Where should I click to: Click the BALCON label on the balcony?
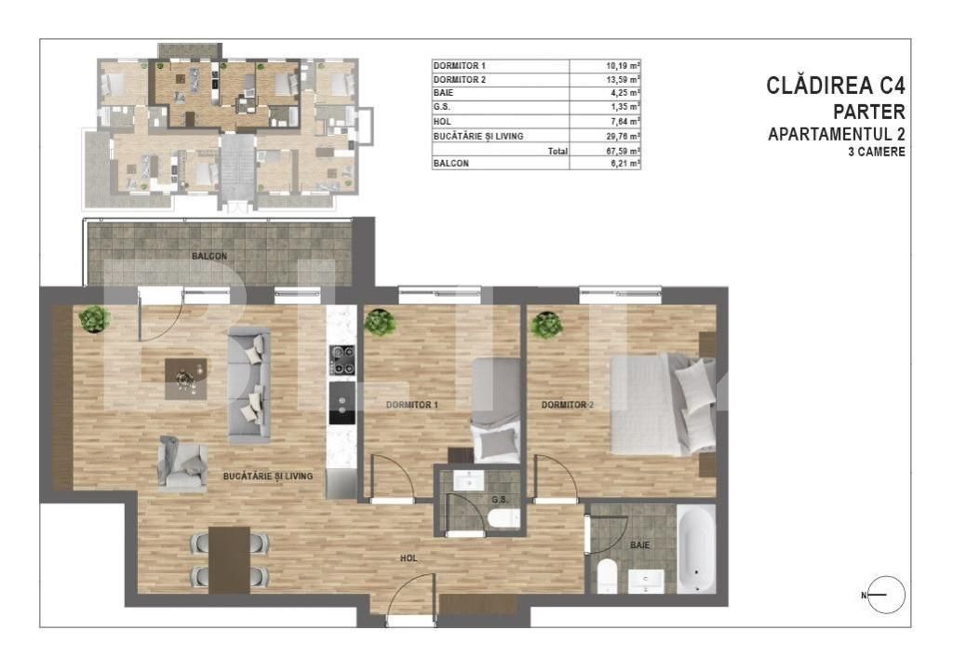coord(209,256)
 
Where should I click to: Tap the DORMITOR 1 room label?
coord(411,405)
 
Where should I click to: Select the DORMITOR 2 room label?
coord(568,405)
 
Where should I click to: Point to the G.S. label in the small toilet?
coord(498,499)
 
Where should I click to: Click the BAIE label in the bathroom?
coord(639,545)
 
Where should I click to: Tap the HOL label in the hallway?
coord(408,558)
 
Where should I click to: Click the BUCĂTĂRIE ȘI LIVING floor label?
coord(268,476)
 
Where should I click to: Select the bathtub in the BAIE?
coord(695,549)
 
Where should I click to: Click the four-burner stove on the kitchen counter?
coord(342,359)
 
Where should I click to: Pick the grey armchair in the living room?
coord(182,463)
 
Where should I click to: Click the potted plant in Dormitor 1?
coord(380,322)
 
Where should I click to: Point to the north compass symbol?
coord(885,595)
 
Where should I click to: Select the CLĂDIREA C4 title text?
coord(835,87)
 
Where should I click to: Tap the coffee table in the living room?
coord(186,378)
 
